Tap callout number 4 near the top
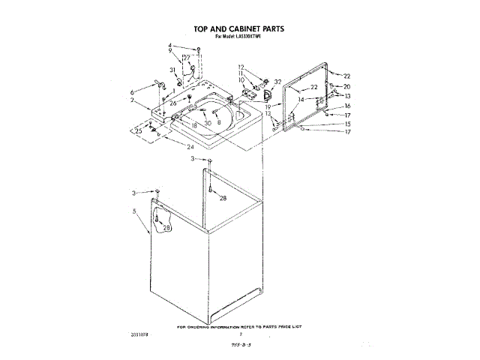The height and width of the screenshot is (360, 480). pos(170,46)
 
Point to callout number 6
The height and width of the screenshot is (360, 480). pos(132,91)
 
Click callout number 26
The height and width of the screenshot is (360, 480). pos(172,103)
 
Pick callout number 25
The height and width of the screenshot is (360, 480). pos(138,131)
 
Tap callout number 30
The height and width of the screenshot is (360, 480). pos(207,123)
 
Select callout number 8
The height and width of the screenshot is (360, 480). pos(219,122)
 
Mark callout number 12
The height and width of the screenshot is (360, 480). pos(241,67)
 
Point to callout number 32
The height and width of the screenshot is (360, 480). pos(277,82)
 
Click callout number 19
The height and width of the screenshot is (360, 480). pos(267,107)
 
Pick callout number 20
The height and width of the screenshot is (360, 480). pos(346,86)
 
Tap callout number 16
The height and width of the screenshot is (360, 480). pos(346,106)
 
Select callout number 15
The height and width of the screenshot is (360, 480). pos(346,124)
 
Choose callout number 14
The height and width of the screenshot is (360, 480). pos(301,99)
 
